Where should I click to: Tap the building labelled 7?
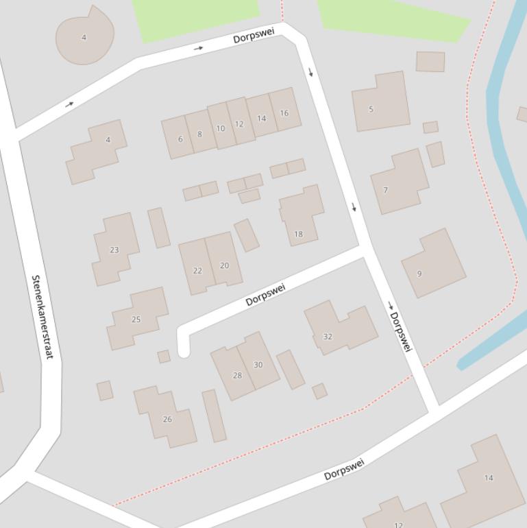(x=400, y=182)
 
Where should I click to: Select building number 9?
(x=433, y=263)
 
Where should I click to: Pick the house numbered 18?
(x=302, y=215)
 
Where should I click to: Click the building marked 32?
(x=339, y=328)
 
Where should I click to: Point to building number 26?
(x=166, y=417)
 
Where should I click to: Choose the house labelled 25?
(x=138, y=318)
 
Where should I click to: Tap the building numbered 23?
(x=115, y=248)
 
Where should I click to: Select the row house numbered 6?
(x=178, y=138)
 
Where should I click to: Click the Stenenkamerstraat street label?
(x=42, y=317)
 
